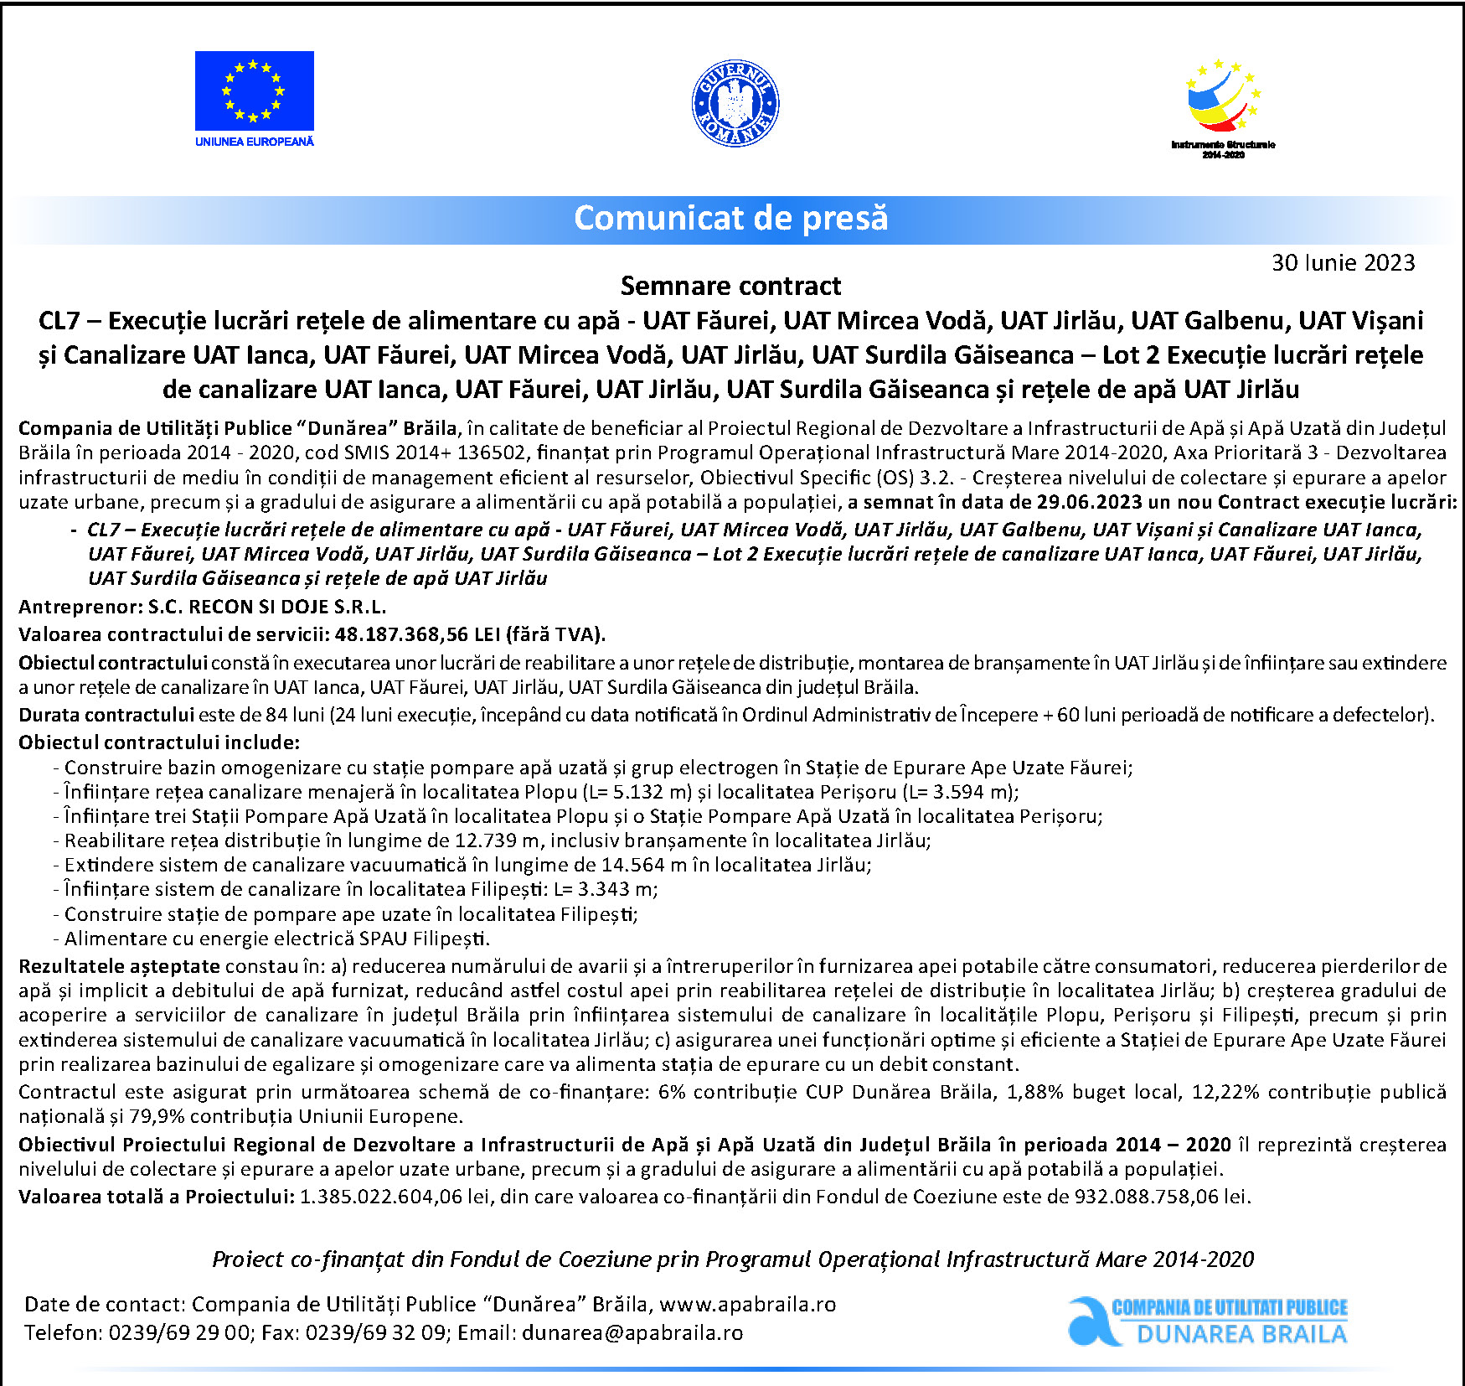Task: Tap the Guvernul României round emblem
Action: [735, 104]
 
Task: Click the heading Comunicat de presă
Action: [730, 219]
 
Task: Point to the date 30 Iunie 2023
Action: [1343, 263]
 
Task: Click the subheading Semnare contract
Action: [730, 287]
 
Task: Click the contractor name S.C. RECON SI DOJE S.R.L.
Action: [267, 607]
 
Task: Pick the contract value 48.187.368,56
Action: [401, 634]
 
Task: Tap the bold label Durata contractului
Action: [106, 715]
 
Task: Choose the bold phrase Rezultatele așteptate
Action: [119, 967]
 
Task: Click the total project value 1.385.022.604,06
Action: [381, 1197]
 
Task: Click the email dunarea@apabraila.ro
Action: [632, 1333]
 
